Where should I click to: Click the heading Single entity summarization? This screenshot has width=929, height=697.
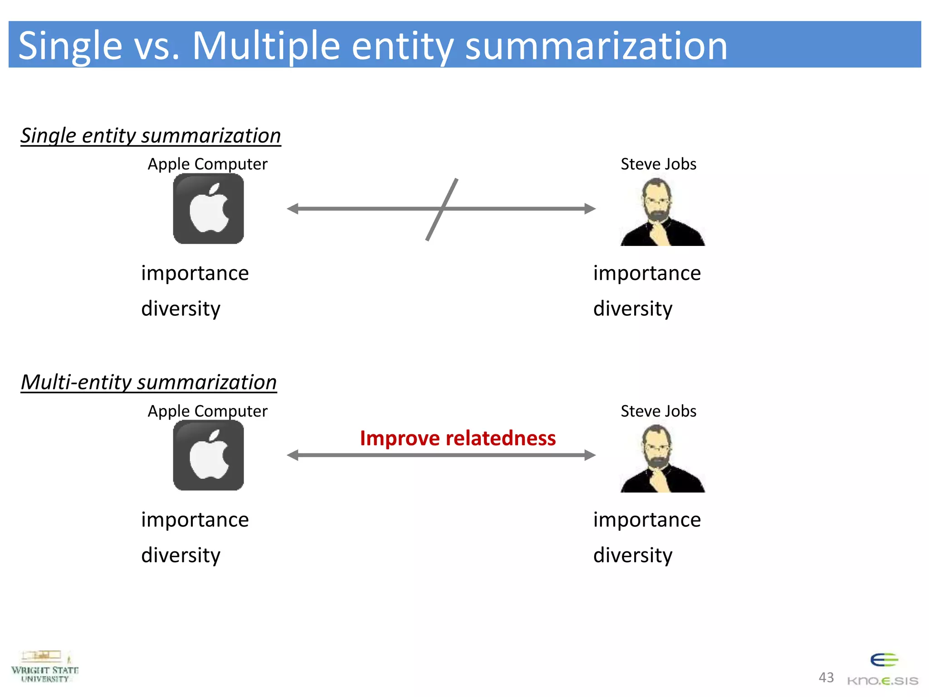[x=151, y=136]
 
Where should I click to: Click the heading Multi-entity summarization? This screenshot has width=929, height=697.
[x=149, y=382]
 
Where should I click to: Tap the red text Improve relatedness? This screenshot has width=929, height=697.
[x=458, y=438]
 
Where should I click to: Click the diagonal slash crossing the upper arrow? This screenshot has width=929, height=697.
[x=441, y=210]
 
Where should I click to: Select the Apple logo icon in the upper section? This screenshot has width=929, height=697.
[x=208, y=209]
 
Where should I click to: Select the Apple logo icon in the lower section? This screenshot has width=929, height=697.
[x=208, y=455]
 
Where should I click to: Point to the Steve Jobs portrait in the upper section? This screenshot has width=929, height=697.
[x=662, y=212]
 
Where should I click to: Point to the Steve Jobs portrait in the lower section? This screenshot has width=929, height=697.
[x=662, y=458]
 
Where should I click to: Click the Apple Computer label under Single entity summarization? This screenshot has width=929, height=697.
[x=207, y=164]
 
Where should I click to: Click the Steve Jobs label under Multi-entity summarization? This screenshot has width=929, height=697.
[x=658, y=411]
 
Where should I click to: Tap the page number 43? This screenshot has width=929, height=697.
[x=826, y=677]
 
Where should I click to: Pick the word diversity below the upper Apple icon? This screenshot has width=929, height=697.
[x=181, y=309]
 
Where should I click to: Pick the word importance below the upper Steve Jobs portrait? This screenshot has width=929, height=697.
[x=647, y=273]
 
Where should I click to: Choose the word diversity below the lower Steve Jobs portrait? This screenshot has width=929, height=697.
[x=633, y=555]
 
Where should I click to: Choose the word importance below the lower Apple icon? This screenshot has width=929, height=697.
[x=195, y=520]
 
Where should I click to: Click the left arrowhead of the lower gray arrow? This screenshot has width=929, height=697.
[x=293, y=455]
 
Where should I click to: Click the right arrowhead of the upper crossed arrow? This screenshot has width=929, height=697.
[x=589, y=209]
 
